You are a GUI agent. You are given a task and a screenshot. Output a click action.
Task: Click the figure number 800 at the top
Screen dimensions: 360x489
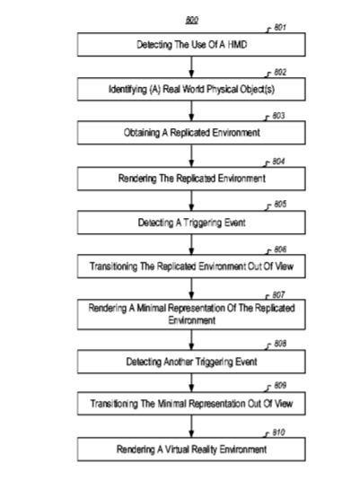192,21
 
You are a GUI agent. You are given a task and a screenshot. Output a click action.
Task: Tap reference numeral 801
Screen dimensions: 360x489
280,28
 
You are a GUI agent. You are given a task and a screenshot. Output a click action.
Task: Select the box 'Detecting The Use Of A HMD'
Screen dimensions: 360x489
191,45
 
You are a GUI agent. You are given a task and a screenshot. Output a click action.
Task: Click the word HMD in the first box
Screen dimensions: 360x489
237,45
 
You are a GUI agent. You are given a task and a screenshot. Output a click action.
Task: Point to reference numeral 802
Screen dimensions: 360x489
280,73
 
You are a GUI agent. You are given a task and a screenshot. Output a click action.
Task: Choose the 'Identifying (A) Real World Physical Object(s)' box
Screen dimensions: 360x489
191,89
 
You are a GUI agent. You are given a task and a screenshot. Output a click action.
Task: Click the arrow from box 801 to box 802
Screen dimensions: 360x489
191,67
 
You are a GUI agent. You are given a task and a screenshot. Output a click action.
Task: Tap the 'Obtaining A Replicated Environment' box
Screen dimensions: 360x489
191,133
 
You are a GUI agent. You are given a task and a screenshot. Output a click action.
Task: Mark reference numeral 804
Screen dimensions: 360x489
278,162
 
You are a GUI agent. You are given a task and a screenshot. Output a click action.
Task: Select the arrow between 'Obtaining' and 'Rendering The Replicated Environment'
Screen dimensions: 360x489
191,155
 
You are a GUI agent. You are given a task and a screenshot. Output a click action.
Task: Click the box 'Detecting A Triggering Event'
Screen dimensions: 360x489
191,223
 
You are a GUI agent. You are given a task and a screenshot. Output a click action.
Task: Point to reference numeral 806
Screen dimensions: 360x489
280,249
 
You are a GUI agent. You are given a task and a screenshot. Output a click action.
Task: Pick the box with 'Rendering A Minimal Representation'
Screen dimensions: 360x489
191,314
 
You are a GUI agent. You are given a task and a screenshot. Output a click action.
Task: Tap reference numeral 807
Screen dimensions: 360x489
278,295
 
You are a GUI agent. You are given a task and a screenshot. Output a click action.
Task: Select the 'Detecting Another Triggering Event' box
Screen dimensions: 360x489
191,362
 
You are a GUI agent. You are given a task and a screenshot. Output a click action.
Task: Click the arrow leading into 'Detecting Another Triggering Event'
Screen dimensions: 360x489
191,340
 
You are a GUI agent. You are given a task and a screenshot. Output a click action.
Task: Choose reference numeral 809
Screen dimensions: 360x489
280,386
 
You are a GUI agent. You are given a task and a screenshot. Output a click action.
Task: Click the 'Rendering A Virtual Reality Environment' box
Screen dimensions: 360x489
191,450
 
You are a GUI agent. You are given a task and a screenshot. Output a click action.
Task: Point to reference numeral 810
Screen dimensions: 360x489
278,432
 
